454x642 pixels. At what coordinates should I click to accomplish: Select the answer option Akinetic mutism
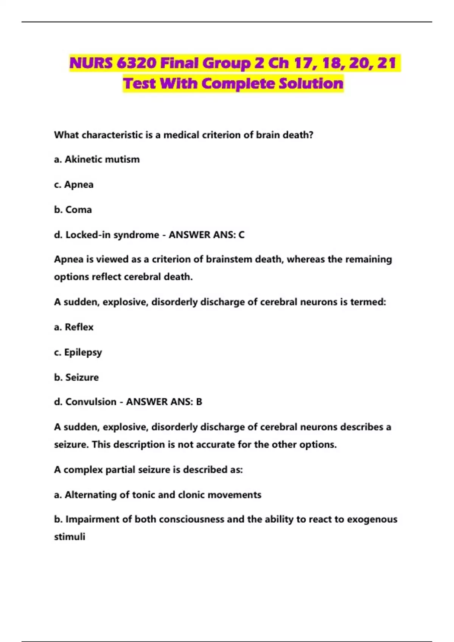[x=102, y=159]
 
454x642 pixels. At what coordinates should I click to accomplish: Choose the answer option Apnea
[x=79, y=185]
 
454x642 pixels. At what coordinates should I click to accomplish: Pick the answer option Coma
[x=78, y=210]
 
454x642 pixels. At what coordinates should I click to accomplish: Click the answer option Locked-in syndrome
[x=112, y=235]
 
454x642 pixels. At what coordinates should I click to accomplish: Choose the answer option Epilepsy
[x=83, y=352]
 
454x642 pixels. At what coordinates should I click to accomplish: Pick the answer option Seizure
[x=82, y=377]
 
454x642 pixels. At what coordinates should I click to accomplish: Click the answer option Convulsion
[x=91, y=402]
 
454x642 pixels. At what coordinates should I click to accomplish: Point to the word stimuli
[x=70, y=537]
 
